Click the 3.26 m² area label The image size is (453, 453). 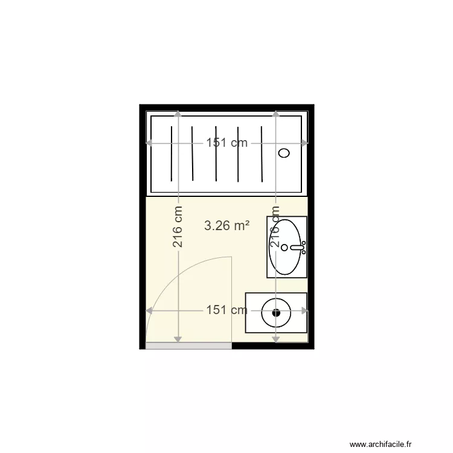(227, 226)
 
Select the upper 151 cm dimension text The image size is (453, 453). (227, 143)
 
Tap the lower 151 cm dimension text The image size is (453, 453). (227, 310)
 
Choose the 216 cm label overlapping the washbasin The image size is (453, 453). (276, 227)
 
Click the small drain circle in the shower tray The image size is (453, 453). (284, 153)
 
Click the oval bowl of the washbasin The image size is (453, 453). (284, 246)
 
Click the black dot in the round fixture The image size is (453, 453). (276, 312)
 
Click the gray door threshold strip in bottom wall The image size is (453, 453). (188, 345)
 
